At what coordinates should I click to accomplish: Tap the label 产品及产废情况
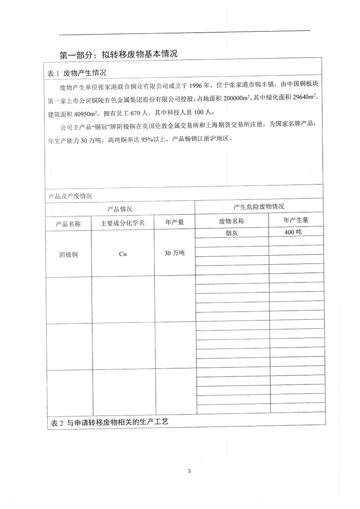70,196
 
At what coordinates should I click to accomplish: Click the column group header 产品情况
119,209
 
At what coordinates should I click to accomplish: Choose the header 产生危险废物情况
259,207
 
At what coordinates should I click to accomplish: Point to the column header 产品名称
68,223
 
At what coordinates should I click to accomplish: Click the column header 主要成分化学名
123,223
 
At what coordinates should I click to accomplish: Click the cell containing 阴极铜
68,254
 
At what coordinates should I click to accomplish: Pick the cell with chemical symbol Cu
123,254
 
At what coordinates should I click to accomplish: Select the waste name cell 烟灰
232,232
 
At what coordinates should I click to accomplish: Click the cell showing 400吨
296,232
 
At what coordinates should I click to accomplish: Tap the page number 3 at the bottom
188,470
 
